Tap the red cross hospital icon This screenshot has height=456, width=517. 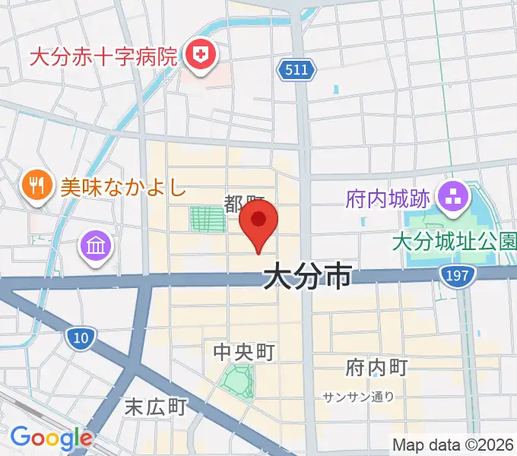point(201,55)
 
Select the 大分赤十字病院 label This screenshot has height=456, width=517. point(103,56)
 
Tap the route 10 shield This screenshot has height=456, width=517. point(81,337)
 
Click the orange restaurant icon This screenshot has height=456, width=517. point(36,183)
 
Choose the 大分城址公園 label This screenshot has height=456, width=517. point(454,242)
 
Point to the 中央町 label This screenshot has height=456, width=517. point(243,351)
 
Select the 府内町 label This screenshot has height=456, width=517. point(376,368)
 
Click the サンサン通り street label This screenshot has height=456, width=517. point(358,396)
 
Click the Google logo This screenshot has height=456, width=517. point(51,438)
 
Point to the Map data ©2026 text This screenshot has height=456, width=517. point(453,445)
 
